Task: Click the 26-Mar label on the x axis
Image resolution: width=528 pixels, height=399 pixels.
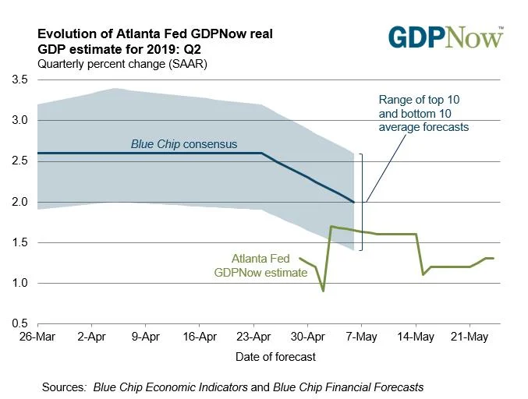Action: (37, 338)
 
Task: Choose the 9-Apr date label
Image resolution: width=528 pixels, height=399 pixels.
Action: (146, 338)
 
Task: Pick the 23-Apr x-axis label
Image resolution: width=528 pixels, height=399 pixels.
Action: (253, 338)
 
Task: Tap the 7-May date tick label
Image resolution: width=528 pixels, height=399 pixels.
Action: (361, 338)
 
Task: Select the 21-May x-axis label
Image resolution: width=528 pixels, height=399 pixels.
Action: (470, 338)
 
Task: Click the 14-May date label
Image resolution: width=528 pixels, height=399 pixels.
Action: (416, 338)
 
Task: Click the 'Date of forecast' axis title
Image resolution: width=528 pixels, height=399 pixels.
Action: (276, 356)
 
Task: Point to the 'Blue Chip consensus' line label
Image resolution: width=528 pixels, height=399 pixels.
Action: (184, 144)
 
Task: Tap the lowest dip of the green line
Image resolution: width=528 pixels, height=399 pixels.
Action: (323, 291)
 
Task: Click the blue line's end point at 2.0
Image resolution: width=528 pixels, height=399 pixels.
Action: (355, 202)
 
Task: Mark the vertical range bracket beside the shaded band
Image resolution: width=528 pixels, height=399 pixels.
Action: (362, 202)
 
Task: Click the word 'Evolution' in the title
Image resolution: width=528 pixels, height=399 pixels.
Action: (66, 34)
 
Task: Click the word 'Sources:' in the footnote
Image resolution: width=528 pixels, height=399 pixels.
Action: (65, 387)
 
